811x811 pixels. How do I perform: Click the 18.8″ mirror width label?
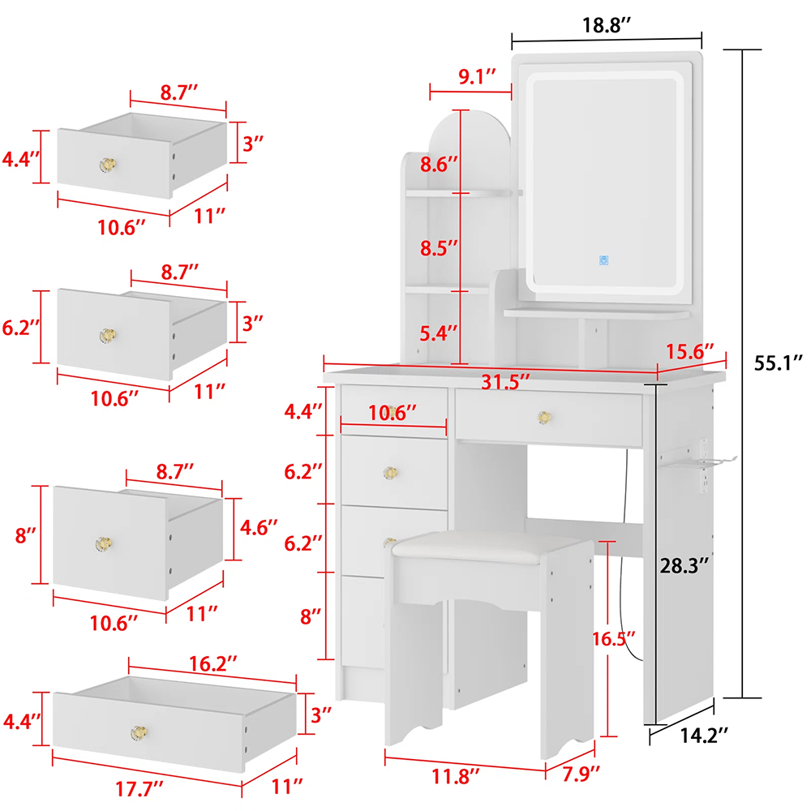607,25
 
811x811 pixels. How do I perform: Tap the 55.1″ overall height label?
779,363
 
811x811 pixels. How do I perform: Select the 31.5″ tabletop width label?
505,382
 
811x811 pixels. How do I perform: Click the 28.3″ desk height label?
684,566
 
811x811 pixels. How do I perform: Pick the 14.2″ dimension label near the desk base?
703,735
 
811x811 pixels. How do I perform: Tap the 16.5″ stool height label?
614,639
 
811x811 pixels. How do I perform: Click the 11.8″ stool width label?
456,776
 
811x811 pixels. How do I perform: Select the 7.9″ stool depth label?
581,774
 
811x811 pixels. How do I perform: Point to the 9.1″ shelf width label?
477,76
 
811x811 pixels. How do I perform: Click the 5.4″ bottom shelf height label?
439,333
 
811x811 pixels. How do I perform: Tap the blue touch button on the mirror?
603,260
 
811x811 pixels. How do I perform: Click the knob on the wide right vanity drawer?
544,417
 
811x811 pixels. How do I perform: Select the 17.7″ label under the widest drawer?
139,789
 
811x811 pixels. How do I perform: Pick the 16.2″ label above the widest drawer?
212,663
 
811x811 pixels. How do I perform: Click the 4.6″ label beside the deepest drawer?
259,528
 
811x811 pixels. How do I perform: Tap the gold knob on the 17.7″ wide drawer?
139,732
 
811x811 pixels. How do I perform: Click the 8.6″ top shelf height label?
439,165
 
